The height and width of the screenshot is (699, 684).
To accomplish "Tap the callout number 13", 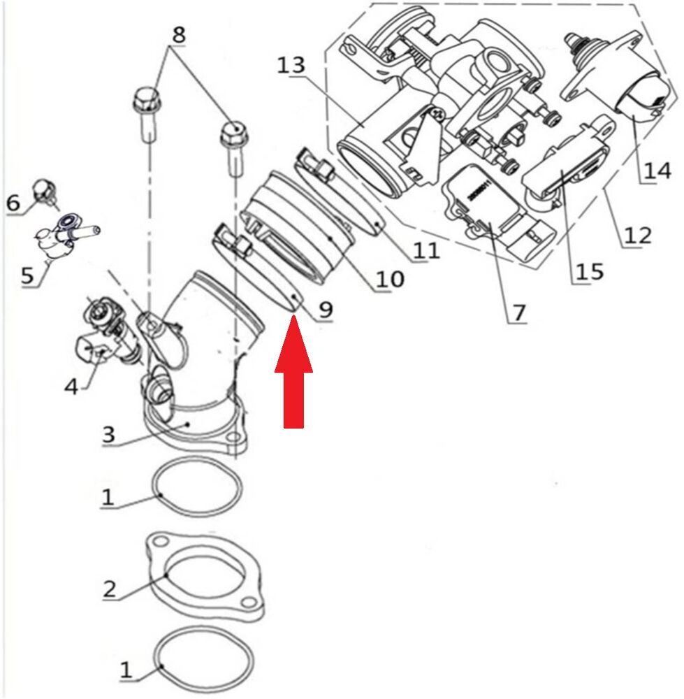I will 291,66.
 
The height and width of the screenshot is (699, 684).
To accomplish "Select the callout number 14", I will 657,171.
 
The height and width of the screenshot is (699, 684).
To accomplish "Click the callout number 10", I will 388,280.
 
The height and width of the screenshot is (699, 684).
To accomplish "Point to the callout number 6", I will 14,203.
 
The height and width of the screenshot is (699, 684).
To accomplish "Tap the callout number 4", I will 71,386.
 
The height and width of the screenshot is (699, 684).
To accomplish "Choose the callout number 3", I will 108,433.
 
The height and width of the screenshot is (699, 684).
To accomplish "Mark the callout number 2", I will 110,589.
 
